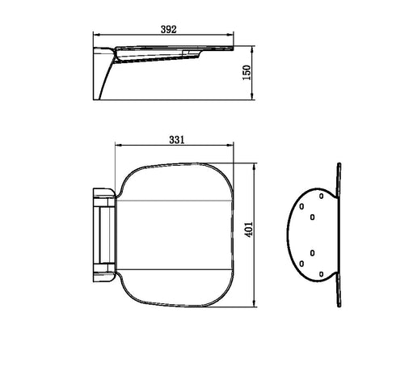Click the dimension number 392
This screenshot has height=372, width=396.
[x=168, y=28]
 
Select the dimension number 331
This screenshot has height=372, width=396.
[x=178, y=139]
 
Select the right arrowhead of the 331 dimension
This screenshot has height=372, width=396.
[x=234, y=146]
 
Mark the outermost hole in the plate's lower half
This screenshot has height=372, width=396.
[x=301, y=263]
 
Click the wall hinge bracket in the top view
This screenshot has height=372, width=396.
[x=103, y=233]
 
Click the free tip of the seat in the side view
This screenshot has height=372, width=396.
[x=234, y=49]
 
